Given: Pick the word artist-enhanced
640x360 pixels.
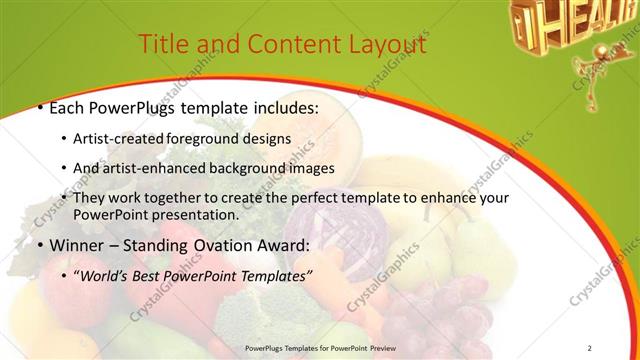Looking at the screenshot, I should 157,167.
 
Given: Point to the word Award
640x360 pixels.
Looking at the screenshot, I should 289,244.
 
